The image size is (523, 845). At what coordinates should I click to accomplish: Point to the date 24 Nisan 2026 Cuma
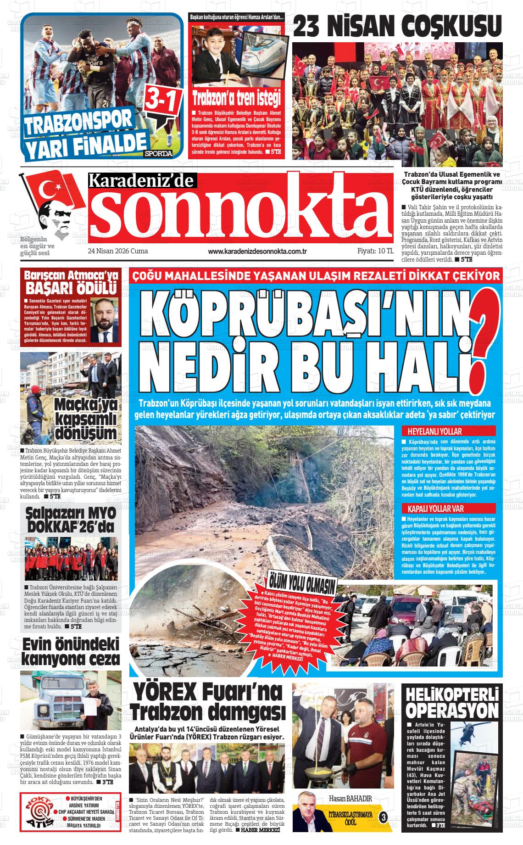(x=117, y=252)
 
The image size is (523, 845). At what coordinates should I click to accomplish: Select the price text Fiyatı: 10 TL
(x=375, y=252)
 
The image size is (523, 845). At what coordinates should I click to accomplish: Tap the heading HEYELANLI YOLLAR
(x=432, y=431)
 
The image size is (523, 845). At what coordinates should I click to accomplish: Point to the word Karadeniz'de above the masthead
(x=142, y=181)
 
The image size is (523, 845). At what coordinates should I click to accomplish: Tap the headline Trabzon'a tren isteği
(x=236, y=98)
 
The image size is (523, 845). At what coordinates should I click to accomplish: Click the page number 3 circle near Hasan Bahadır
(x=384, y=817)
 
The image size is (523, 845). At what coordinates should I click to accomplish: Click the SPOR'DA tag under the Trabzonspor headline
(x=158, y=153)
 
